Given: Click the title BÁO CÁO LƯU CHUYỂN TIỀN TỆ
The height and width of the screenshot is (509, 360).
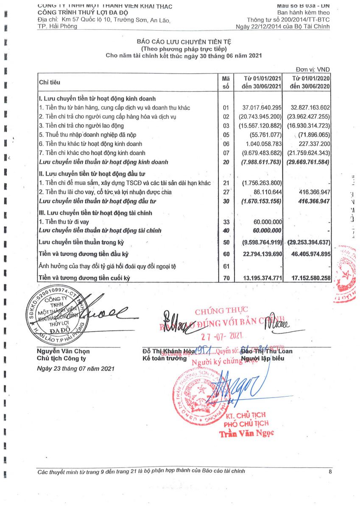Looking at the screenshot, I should pyautogui.click(x=184, y=41).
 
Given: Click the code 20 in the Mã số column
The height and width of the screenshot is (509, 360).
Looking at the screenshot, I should pyautogui.click(x=226, y=162).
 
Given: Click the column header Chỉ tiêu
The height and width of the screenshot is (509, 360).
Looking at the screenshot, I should pyautogui.click(x=50, y=81).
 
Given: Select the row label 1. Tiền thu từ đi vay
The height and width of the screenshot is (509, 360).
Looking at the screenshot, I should pyautogui.click(x=64, y=222).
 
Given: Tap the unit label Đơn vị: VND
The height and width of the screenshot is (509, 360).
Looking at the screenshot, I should pyautogui.click(x=313, y=70).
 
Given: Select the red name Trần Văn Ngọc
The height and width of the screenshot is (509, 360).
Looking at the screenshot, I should pyautogui.click(x=246, y=433).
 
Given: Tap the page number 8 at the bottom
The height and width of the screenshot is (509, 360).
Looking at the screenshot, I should pyautogui.click(x=330, y=471).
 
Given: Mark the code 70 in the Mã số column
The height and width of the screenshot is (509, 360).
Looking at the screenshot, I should pyautogui.click(x=226, y=278).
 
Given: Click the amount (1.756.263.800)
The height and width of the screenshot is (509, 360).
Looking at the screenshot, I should pyautogui.click(x=262, y=183).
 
